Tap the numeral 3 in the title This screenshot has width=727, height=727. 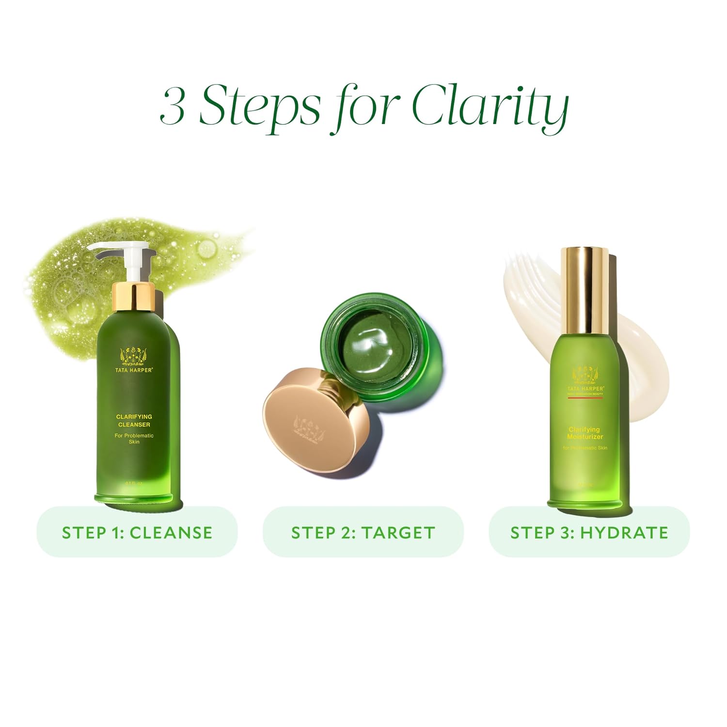173,105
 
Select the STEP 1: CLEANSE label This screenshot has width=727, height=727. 137,532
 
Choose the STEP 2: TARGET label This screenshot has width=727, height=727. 363,532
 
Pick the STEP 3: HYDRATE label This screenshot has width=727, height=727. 589,532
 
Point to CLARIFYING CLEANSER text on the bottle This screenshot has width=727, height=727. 134,420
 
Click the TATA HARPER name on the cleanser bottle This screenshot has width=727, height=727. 134,370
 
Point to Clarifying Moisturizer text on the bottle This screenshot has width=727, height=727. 585,433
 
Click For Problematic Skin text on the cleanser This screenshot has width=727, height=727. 134,438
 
